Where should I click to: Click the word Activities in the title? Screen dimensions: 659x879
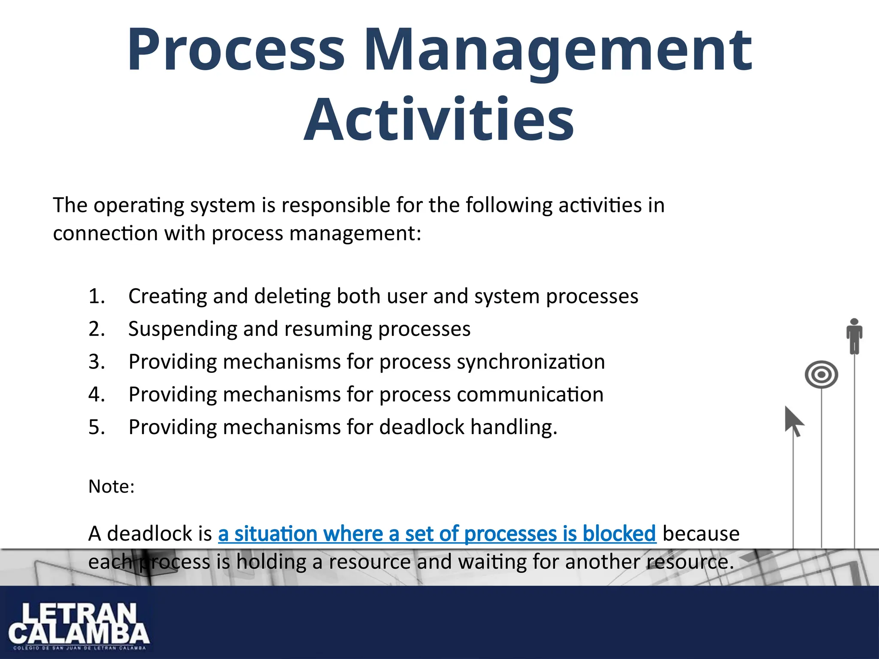(439, 119)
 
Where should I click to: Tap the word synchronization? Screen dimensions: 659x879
(530, 362)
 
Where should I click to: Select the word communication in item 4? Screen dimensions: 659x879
(530, 395)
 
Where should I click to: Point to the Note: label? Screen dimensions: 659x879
(111, 487)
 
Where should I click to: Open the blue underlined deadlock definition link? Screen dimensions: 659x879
(437, 534)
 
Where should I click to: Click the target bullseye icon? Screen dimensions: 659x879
(821, 375)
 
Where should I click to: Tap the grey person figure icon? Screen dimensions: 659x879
(854, 336)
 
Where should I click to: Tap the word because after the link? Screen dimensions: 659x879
(701, 534)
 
